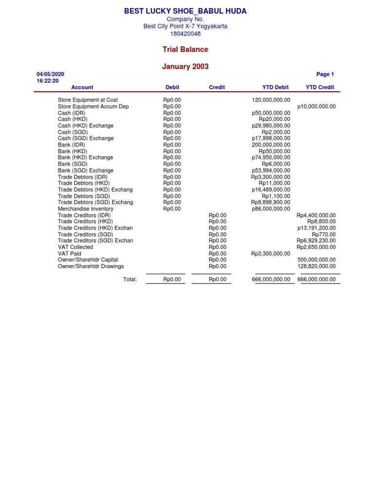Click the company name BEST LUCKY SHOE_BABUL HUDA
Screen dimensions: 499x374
(x=185, y=11)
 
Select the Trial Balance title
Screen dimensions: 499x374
(x=185, y=49)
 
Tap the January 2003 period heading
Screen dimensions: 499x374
(x=185, y=67)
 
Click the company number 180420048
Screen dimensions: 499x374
(x=185, y=34)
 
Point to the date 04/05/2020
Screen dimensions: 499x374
(x=50, y=74)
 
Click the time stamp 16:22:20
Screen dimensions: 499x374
(x=48, y=81)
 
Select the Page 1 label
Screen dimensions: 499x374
(x=325, y=74)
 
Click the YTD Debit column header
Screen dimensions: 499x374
(x=275, y=87)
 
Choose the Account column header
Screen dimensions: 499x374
(x=82, y=87)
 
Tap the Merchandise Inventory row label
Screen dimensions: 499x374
(x=86, y=209)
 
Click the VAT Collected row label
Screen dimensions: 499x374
(x=75, y=247)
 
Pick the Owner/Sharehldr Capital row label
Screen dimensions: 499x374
(x=88, y=260)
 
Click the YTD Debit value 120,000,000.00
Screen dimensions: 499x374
(x=271, y=100)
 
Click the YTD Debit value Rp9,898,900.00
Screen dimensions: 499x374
(x=271, y=202)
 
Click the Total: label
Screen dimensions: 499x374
(x=130, y=279)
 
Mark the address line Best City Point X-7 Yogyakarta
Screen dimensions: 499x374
(x=185, y=26)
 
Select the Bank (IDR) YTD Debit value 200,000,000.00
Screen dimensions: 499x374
(x=271, y=145)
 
